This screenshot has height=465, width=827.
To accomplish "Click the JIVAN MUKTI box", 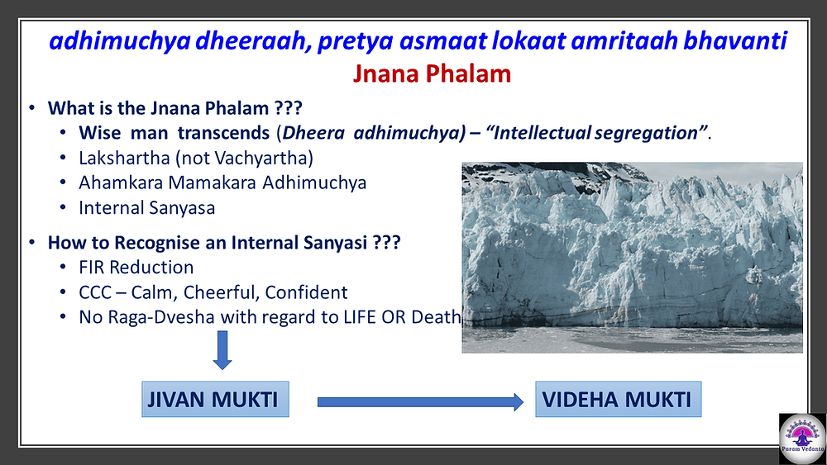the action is coord(215,399).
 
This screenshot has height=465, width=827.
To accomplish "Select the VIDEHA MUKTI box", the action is coord(618,399).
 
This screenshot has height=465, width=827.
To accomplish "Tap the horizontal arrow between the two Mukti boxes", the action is coord(420,402).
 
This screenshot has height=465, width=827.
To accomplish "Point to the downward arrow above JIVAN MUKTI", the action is coord(222,350).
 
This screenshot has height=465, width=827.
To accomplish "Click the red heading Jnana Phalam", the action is coord(432,74).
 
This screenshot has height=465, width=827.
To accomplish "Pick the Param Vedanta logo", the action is coord(802,439).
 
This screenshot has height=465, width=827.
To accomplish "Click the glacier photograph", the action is coord(633,258).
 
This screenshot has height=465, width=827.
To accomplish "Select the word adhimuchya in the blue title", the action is coord(120,41).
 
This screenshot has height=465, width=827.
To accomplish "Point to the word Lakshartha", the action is coord(125,158).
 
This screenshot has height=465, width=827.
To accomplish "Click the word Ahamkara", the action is coord(121,183).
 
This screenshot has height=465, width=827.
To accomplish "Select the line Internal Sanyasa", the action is coord(147,208).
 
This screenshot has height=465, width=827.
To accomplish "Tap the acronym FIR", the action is coord(92,268).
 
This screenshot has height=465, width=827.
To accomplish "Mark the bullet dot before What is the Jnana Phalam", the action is coord(32,108).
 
